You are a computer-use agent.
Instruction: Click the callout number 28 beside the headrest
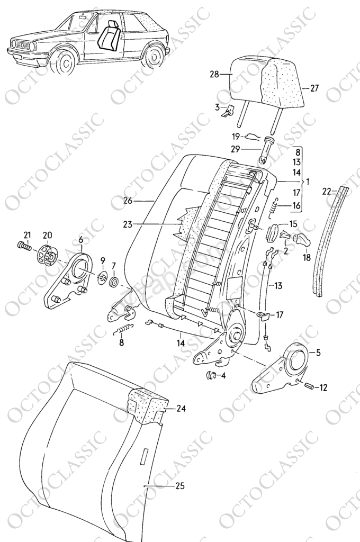[x=214, y=75]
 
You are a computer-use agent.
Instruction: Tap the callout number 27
[x=314, y=88]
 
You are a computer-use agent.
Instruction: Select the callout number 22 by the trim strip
[x=327, y=191]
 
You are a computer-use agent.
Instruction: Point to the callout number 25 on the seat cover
[x=180, y=486]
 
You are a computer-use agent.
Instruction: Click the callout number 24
[x=181, y=408]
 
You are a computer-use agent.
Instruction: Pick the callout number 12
[x=323, y=388]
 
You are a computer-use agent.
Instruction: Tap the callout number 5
[x=318, y=351]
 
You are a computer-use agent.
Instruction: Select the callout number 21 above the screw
[x=27, y=236]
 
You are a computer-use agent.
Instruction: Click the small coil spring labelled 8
[x=122, y=332]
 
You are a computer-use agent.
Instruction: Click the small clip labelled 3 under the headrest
[x=229, y=112]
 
